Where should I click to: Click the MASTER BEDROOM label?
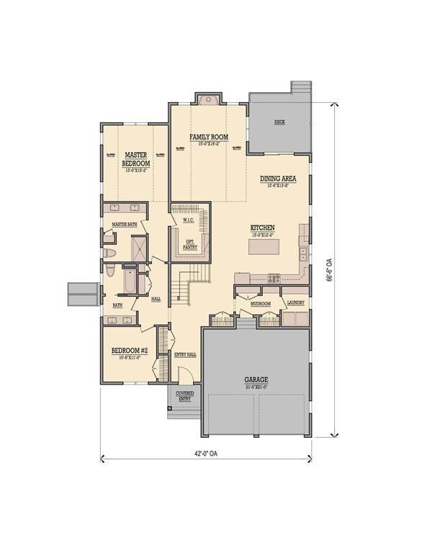(x=137, y=159)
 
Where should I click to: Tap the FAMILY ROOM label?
(x=209, y=137)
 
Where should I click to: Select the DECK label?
(x=279, y=122)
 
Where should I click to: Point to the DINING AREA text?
(x=278, y=179)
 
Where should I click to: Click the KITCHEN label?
(x=263, y=228)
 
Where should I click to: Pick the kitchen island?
(x=264, y=247)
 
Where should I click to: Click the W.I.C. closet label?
(x=189, y=220)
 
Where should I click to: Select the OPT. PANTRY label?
(x=190, y=244)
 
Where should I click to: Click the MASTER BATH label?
(x=124, y=225)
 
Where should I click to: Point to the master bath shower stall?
(x=139, y=248)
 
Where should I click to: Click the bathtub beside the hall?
(x=130, y=282)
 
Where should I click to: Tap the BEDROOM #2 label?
(x=130, y=351)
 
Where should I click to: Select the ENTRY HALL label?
(x=185, y=354)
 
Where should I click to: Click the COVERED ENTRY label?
(x=185, y=396)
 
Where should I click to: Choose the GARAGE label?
(x=256, y=380)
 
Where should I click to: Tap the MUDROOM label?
(x=260, y=304)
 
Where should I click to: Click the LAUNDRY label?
(x=295, y=303)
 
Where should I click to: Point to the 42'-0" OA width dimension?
(x=207, y=454)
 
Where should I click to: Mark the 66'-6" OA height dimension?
(x=330, y=269)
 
